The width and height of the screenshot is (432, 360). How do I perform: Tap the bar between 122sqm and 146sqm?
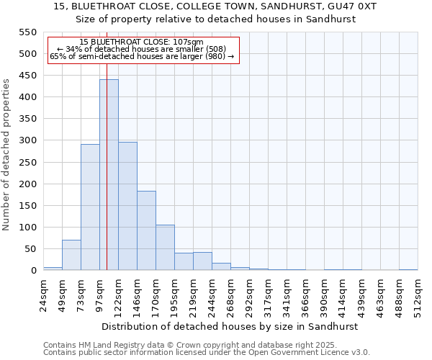pos(127,206)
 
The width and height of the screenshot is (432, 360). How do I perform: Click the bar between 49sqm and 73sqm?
pos(71,255)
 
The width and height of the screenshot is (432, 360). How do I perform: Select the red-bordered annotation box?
pos(143,50)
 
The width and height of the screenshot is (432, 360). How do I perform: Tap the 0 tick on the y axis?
pos(33,271)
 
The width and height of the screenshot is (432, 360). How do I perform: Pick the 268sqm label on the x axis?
pos(231,295)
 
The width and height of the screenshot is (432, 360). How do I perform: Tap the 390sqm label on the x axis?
pos(325,295)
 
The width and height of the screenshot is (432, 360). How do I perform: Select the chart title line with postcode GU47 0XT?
pos(215,6)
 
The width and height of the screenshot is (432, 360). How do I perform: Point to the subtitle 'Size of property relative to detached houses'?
pos(215,19)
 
